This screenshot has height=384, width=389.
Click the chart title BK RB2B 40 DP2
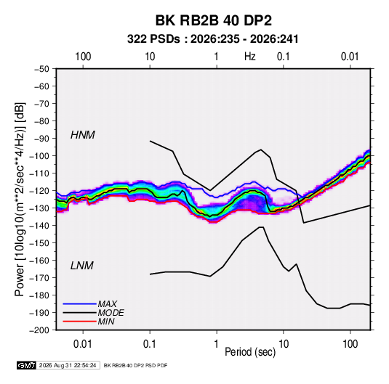(x=213, y=20)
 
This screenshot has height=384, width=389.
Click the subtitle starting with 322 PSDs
(x=212, y=39)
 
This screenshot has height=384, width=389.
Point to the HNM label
(x=83, y=135)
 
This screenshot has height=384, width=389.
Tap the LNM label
(x=82, y=266)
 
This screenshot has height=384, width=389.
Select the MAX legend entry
(x=107, y=304)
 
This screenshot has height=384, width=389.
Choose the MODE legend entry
(x=111, y=313)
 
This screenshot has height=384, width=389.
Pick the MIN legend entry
(x=106, y=322)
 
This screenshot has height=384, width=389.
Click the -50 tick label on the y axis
(x=42, y=69)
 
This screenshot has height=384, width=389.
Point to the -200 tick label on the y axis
(x=39, y=330)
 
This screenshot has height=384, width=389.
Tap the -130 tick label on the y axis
(x=39, y=208)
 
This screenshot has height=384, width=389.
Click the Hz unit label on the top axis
(x=250, y=57)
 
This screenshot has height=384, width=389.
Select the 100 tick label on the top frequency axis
(x=83, y=57)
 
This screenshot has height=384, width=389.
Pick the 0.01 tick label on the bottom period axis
(x=83, y=344)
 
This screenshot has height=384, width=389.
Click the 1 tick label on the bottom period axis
(x=217, y=344)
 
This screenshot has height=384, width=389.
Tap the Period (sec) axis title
(x=250, y=352)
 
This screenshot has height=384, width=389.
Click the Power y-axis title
(x=20, y=200)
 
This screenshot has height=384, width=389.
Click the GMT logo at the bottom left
(x=27, y=365)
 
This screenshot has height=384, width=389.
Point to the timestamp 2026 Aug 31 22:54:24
(x=68, y=365)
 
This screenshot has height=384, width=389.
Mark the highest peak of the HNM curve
(x=150, y=141)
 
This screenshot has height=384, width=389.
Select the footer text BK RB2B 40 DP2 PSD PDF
(x=135, y=365)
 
